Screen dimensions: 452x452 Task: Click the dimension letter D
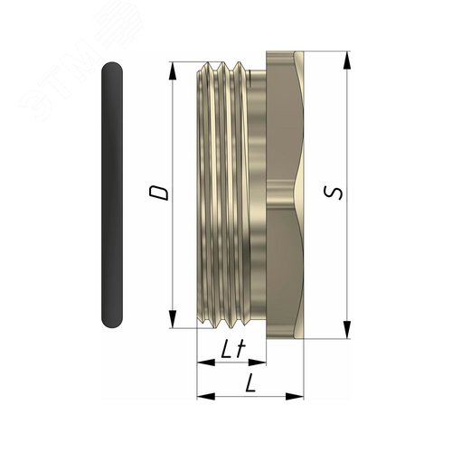(x=158, y=193)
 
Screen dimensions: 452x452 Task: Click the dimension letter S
(x=333, y=193)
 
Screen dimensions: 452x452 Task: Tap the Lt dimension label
(x=233, y=349)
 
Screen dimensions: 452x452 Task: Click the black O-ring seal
(x=112, y=194)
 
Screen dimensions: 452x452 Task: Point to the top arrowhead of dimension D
(x=173, y=71)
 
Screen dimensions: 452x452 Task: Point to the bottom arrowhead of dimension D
(x=173, y=319)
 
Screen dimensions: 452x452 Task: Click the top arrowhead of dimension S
(x=347, y=61)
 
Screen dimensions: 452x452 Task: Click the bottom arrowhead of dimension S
(x=347, y=330)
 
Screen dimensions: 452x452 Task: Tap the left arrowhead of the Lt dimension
(x=206, y=363)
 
